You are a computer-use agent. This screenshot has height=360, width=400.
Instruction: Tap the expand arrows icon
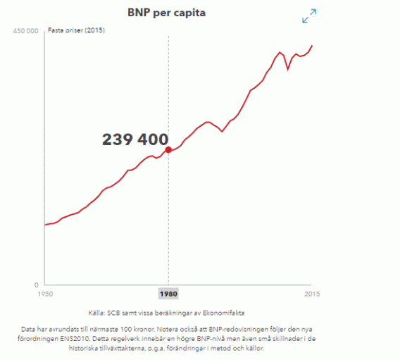pos(309,16)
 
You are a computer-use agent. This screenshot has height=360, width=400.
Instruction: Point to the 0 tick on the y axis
pos(36,285)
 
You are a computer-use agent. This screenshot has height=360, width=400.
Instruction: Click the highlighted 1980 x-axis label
pos(168,293)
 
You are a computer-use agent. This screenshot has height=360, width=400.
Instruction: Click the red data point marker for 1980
pos(168,149)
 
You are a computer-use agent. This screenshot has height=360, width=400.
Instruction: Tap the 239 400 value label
pos(135,139)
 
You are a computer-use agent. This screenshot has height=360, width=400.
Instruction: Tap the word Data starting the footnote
pos(29,329)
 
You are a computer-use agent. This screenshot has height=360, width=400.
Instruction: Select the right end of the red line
pos(312,46)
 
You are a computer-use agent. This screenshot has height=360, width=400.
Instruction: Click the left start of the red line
pos(44,225)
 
